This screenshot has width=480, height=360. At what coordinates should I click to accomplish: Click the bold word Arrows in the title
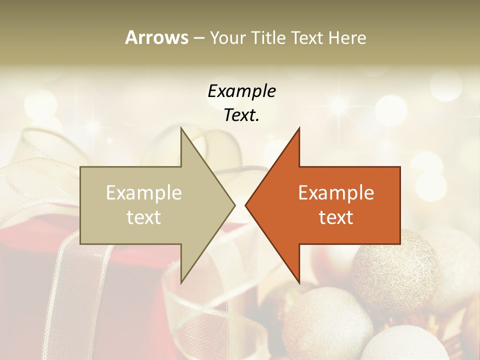tap(156, 37)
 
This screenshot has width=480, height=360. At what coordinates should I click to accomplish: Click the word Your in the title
tap(228, 38)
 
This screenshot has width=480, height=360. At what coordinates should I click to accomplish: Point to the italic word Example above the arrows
tap(241, 91)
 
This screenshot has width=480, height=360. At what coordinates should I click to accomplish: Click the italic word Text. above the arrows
tap(241, 115)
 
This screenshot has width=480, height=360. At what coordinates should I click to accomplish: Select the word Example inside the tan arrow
tap(144, 193)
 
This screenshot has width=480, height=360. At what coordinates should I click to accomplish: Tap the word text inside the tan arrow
tap(144, 217)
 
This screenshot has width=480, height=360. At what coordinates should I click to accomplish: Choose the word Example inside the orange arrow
tap(336, 193)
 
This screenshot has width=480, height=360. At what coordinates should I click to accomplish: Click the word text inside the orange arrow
tap(336, 217)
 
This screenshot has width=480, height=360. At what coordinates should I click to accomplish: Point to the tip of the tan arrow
tap(234, 205)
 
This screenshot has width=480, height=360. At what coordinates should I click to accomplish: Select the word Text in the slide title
tap(307, 38)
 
